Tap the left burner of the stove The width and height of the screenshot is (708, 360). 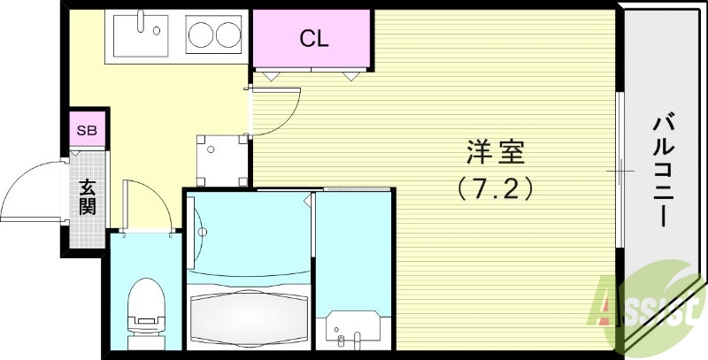click(x=200, y=36)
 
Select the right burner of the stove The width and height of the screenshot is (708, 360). click(x=227, y=36)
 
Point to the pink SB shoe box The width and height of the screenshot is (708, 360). click(x=87, y=130)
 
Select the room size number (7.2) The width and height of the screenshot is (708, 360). click(x=495, y=188)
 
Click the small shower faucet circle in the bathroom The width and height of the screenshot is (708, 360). click(x=203, y=234)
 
